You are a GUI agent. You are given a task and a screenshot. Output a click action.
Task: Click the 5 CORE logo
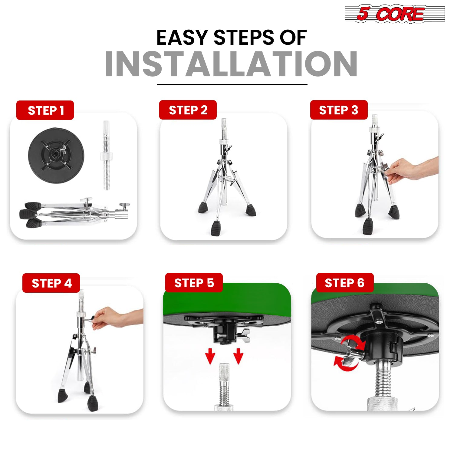(x=395, y=14)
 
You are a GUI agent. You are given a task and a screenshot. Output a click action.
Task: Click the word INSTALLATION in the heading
(x=232, y=64)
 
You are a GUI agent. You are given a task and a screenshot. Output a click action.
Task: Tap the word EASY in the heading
(x=182, y=38)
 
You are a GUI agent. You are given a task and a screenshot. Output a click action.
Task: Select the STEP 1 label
(x=45, y=110)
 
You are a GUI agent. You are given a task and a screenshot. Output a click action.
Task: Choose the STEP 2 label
(x=188, y=110)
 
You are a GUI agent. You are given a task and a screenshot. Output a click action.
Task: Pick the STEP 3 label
(x=339, y=110)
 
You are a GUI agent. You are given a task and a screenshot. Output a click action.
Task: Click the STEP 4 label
(x=51, y=283)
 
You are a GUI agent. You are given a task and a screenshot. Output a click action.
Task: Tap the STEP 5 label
(x=194, y=283)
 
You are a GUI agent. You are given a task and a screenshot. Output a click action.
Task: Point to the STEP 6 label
(x=345, y=283)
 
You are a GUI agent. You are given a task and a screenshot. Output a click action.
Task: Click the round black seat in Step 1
(x=56, y=155)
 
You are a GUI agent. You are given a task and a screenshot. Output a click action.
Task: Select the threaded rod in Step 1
(x=106, y=155)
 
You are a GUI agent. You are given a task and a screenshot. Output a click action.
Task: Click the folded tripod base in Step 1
(x=74, y=213)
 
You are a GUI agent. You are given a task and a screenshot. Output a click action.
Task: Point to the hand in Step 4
(x=117, y=318)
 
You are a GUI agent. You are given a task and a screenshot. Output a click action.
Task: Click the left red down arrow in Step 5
(x=210, y=356)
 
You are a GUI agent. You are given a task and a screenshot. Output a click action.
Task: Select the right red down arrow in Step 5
(x=239, y=356)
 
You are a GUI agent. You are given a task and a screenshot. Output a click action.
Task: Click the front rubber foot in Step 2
(x=216, y=228)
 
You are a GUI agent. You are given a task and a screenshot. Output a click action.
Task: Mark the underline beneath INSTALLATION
(x=232, y=85)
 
